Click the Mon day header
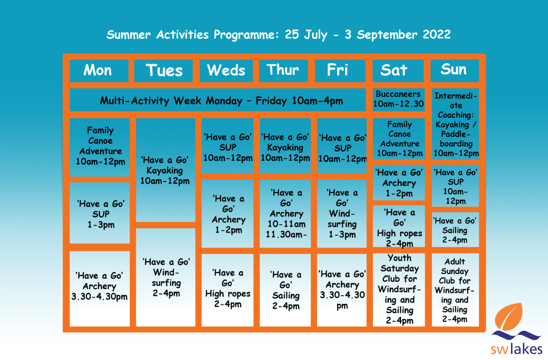point(98,70)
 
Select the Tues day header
point(164,70)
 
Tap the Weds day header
point(226,70)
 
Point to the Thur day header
point(283,70)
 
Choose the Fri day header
point(338,70)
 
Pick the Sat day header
point(394,70)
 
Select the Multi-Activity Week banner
point(218,101)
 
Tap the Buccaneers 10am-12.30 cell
point(398,99)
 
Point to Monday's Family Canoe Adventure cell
point(100,146)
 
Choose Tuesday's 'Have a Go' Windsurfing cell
point(166,277)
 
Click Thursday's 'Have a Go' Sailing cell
point(285,290)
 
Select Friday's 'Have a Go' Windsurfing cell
point(342,213)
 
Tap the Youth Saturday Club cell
point(399,289)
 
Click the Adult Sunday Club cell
point(455,290)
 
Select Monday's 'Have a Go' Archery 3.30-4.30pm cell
point(99,286)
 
